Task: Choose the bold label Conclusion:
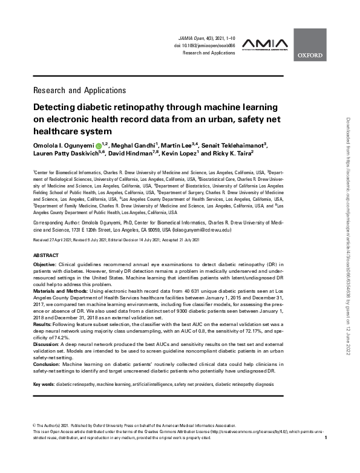[49, 365]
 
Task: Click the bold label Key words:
[44, 384]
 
